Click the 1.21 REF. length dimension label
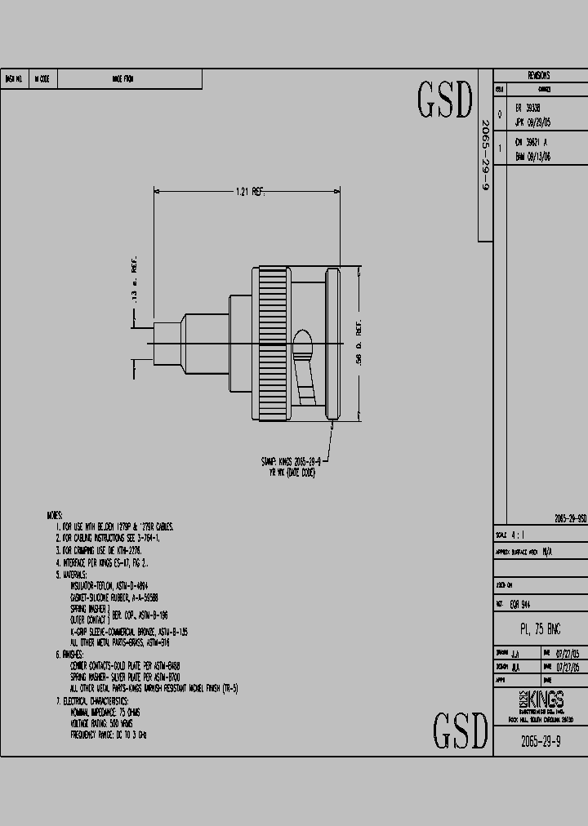tap(250, 192)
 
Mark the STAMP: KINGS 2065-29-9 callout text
tap(290, 462)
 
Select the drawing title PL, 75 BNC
tap(540, 629)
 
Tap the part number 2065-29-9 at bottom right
tap(540, 741)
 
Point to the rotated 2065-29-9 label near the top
tap(484, 155)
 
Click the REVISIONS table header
tap(539, 75)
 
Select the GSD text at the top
tap(445, 100)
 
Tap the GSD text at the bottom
tap(460, 730)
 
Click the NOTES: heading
tap(56, 516)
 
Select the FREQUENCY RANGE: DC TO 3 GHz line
tap(109, 735)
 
